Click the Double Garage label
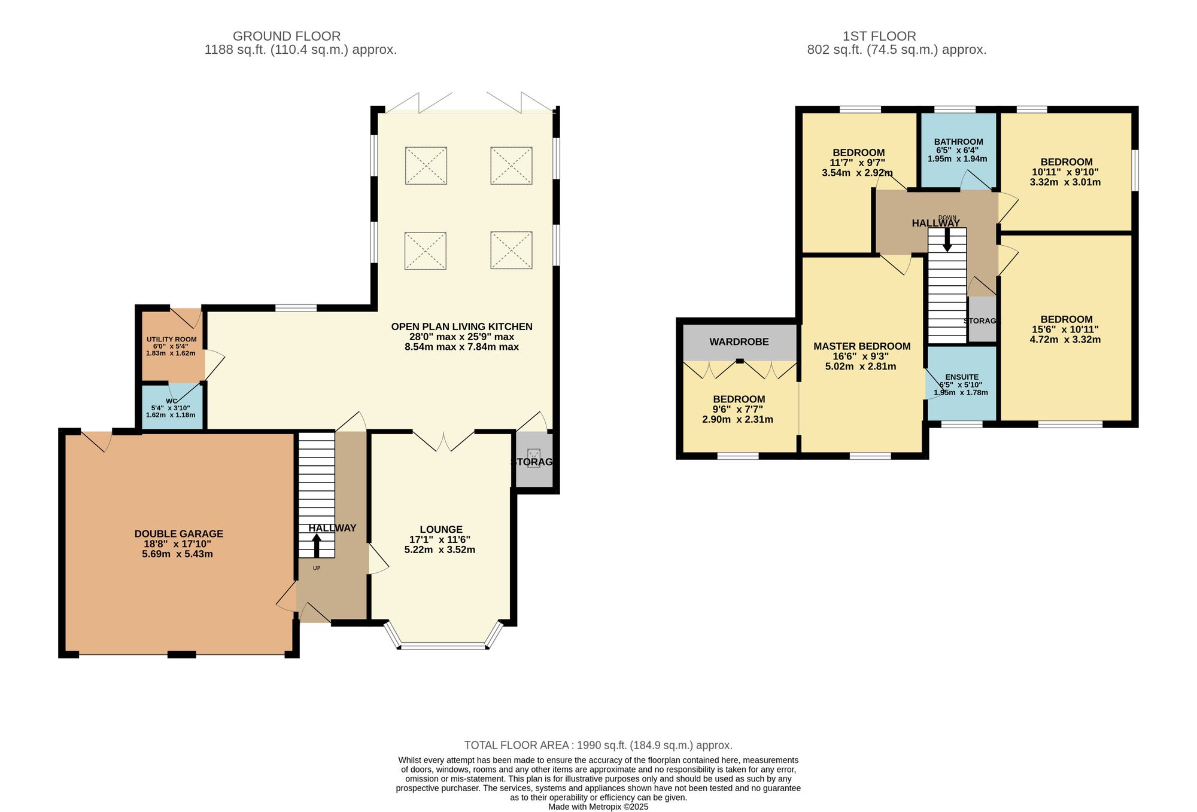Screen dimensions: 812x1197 pyautogui.click(x=178, y=534)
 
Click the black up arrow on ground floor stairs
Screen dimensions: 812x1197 pyautogui.click(x=316, y=546)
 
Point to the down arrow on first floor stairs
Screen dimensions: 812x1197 pyautogui.click(x=947, y=240)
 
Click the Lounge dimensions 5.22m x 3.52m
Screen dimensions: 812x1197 pyautogui.click(x=440, y=550)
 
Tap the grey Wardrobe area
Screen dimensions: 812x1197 pyautogui.click(x=739, y=342)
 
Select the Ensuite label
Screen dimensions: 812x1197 pyautogui.click(x=962, y=377)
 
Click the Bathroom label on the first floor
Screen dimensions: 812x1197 pyautogui.click(x=958, y=142)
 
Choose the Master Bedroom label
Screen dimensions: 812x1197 pyautogui.click(x=862, y=346)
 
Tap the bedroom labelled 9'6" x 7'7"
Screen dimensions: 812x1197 pyautogui.click(x=739, y=409)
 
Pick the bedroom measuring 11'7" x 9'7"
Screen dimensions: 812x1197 pyautogui.click(x=858, y=162)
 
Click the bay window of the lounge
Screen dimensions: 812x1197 pyautogui.click(x=442, y=646)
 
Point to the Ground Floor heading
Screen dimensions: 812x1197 pyautogui.click(x=287, y=36)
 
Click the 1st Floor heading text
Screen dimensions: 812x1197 pyautogui.click(x=879, y=36)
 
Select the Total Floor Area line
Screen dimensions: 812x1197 pyautogui.click(x=598, y=745)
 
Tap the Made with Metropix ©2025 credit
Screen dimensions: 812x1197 pyautogui.click(x=598, y=807)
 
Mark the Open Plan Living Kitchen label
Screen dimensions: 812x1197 pyautogui.click(x=461, y=326)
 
